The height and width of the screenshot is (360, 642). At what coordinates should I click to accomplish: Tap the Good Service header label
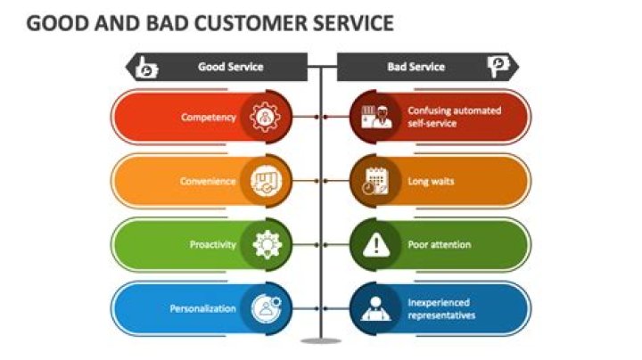coord(230,67)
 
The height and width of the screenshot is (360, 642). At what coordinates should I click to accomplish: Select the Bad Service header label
coord(416,67)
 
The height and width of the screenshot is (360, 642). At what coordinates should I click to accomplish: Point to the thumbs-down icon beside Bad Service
coord(497,67)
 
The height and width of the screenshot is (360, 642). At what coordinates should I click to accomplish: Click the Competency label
coord(208,117)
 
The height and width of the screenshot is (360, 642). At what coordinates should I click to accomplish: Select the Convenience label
coord(206,181)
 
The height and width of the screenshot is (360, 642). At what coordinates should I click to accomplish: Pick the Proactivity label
coord(212,244)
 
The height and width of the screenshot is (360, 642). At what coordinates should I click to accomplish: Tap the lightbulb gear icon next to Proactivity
coord(266,244)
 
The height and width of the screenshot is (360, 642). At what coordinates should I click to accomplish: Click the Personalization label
coord(203,308)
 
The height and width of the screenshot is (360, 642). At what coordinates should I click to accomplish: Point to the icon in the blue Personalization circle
coord(266,308)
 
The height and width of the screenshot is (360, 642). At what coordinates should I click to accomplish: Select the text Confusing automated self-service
coord(454,117)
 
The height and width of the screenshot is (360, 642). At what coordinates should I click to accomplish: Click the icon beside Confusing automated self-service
coord(375,117)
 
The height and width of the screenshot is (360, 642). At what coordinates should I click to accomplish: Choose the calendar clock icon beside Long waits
coord(375,181)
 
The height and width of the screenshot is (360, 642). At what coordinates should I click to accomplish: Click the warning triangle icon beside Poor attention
coord(375,244)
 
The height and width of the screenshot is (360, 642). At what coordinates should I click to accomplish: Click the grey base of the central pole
coord(321,341)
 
